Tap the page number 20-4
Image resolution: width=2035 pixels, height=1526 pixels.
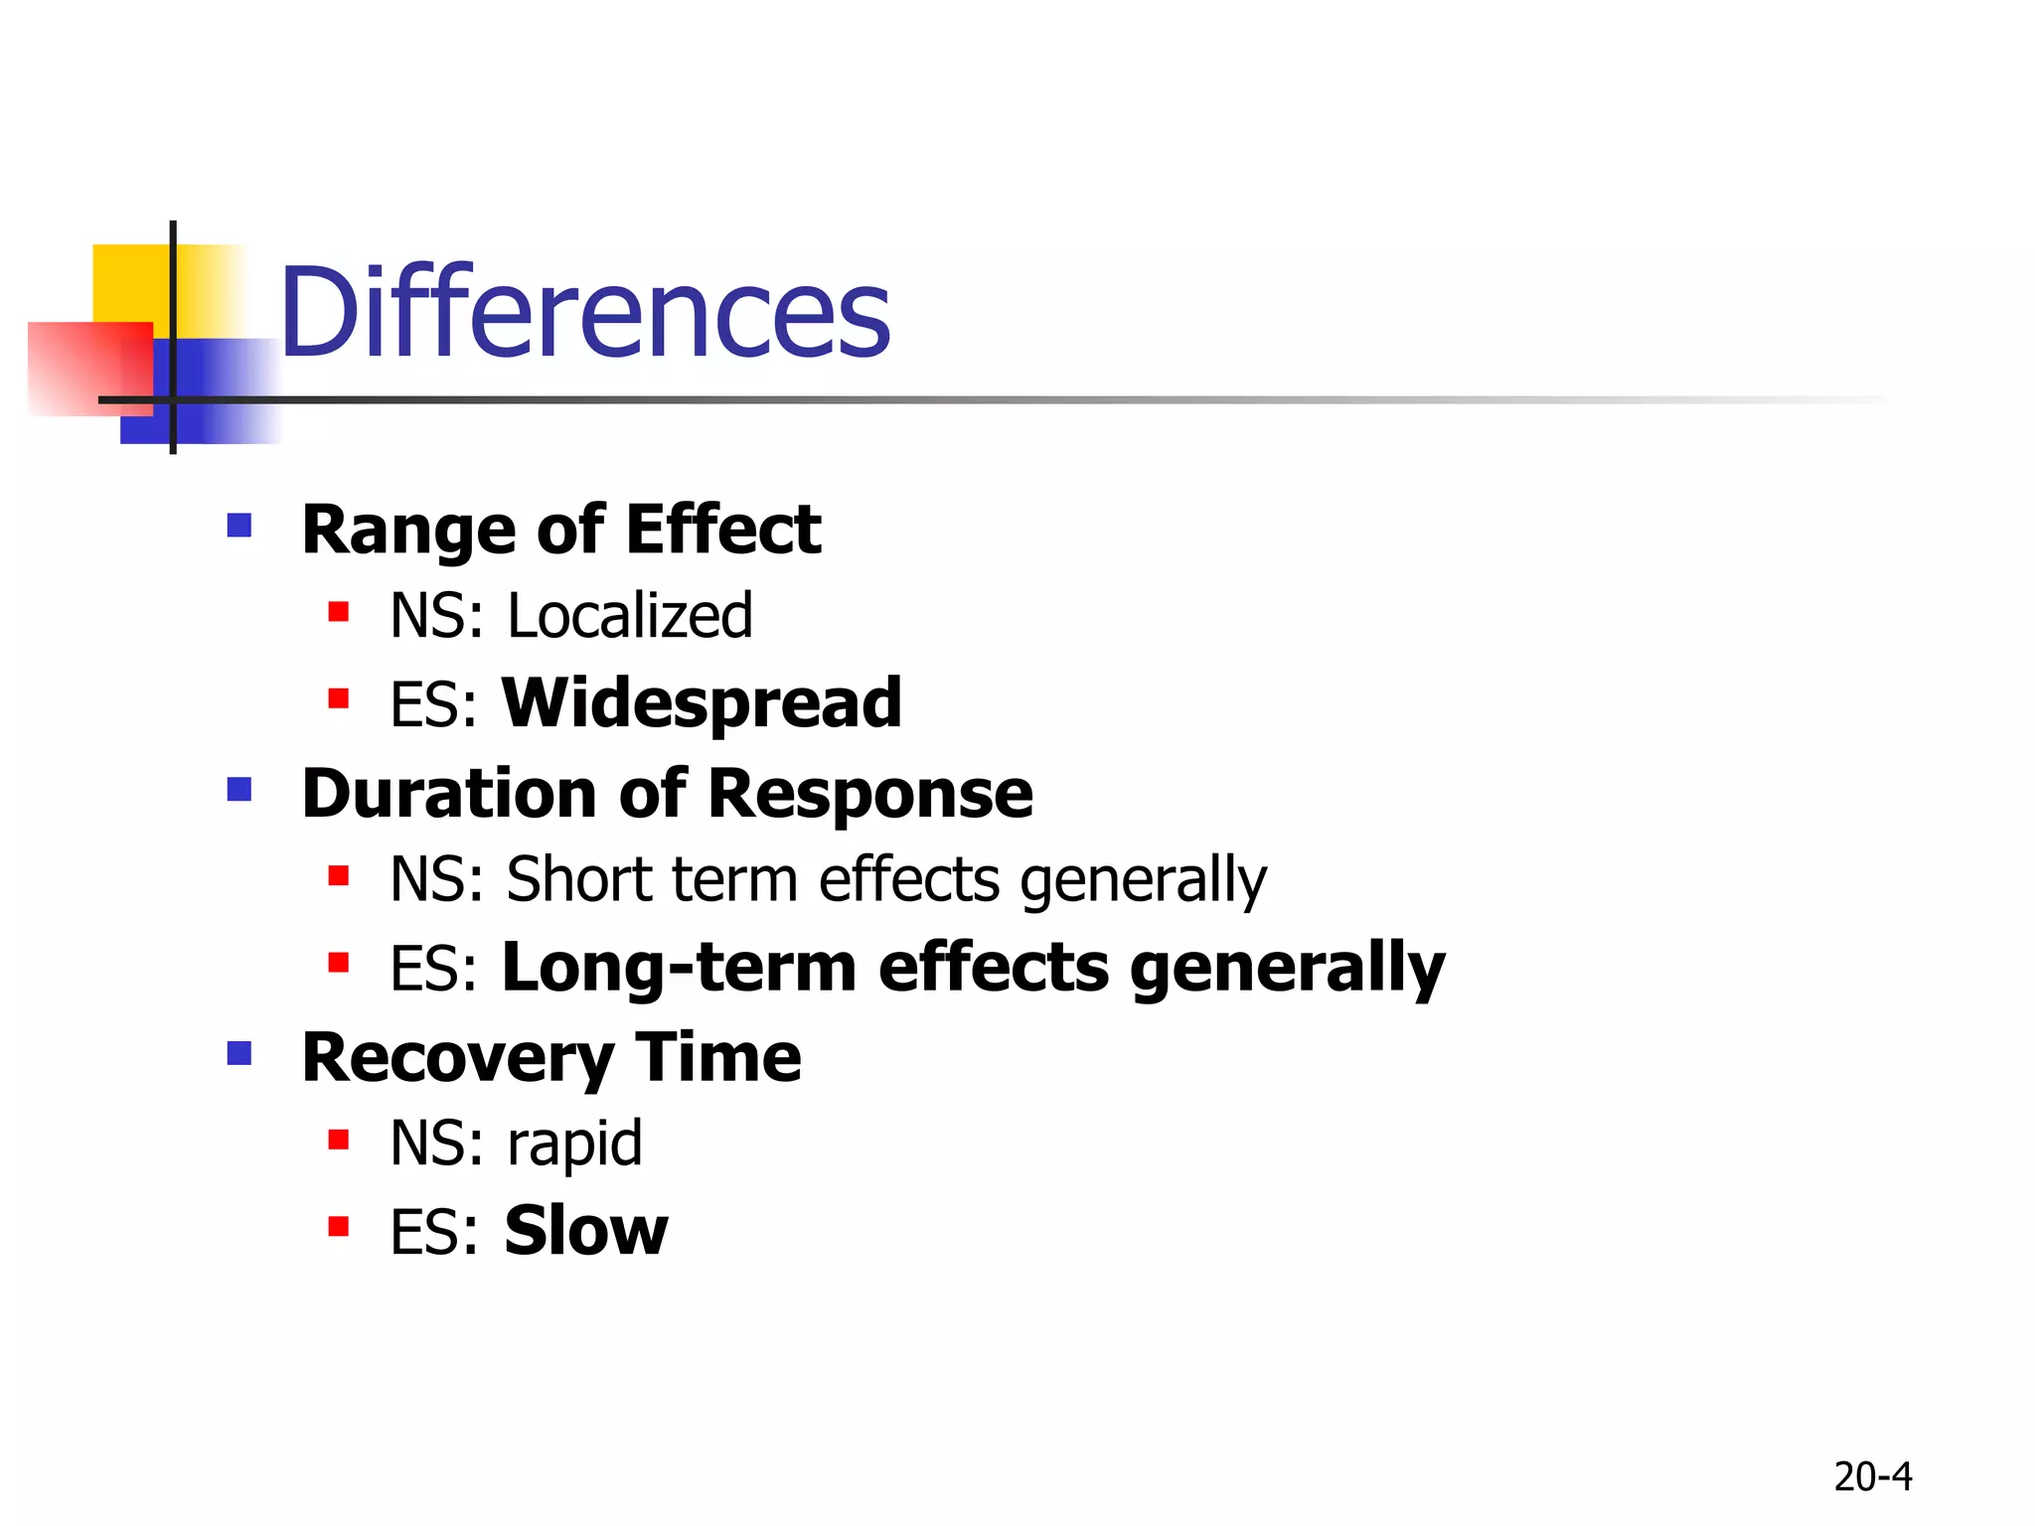point(1872,1477)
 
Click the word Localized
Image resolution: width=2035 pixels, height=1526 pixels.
point(630,616)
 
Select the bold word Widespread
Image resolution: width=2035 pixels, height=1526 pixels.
point(702,702)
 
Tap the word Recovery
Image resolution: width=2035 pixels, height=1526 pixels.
point(457,1058)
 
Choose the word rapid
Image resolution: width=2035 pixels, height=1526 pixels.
point(574,1144)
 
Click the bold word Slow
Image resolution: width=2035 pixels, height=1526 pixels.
point(585,1231)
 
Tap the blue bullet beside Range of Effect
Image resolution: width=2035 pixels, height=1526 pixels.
point(239,525)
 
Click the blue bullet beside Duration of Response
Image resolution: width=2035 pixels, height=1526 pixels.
point(239,790)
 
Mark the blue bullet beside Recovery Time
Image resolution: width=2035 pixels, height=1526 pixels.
point(239,1053)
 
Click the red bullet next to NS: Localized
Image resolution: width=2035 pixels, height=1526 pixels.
point(339,612)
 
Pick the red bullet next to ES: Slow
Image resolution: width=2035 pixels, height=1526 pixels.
point(339,1227)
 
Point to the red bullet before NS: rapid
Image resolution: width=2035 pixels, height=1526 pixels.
point(339,1140)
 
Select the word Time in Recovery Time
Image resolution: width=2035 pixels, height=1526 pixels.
point(717,1058)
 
